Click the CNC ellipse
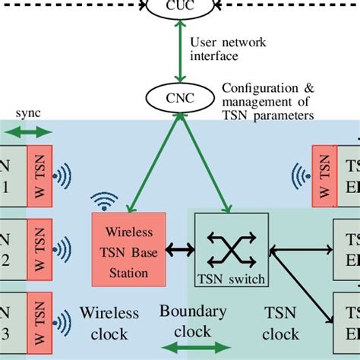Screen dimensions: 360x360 click(x=180, y=97)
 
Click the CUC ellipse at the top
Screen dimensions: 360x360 click(x=180, y=7)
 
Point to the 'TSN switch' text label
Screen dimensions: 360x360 click(x=230, y=279)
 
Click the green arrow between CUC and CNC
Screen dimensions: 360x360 click(x=180, y=52)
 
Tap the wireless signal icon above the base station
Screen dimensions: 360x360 click(x=104, y=201)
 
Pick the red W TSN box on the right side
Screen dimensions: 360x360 click(x=323, y=176)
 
